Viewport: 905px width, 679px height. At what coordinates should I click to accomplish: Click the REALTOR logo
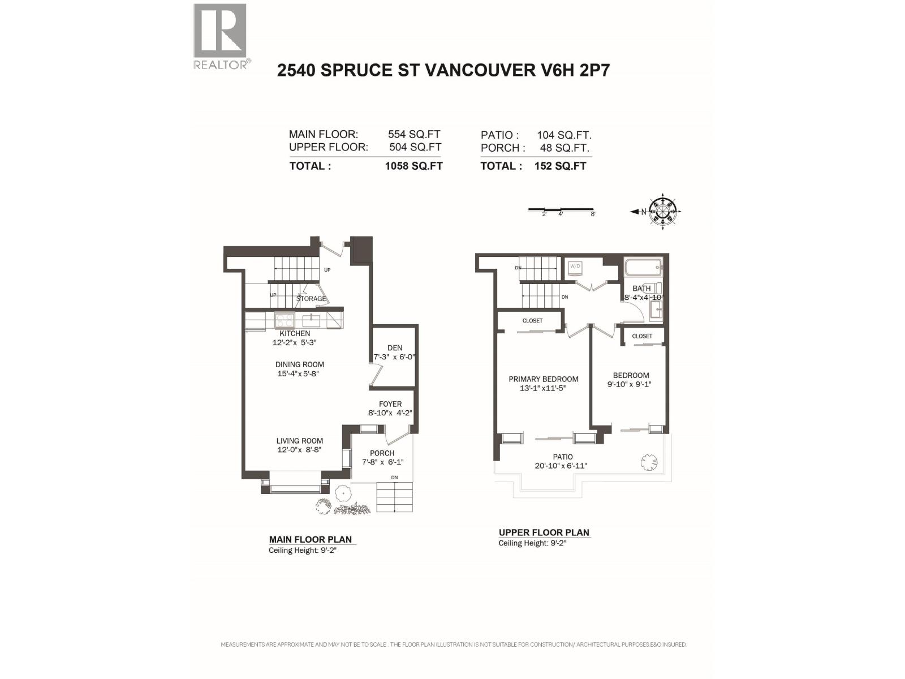pos(221,36)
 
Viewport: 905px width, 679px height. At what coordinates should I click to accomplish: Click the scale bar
pos(561,209)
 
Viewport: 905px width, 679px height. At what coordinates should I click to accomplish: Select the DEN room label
pos(395,348)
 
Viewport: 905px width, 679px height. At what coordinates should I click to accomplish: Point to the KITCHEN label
pos(295,333)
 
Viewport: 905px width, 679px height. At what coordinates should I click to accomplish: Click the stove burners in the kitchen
pos(285,320)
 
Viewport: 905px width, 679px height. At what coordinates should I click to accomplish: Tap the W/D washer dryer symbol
pos(575,267)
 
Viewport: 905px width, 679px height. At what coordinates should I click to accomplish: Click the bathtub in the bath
pos(643,267)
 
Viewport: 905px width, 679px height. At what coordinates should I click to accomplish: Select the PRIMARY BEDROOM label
pos(543,379)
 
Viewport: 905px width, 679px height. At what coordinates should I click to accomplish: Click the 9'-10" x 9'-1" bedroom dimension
pos(631,384)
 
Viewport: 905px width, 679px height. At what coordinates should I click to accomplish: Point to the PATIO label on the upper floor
pos(563,457)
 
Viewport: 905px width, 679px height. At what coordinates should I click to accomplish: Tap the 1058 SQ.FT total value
pos(413,166)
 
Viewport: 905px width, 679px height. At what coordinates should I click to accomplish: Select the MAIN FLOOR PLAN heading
pos(311,539)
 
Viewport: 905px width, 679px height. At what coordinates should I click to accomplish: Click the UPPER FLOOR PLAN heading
pos(544,532)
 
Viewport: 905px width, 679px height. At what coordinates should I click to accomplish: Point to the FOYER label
pos(390,404)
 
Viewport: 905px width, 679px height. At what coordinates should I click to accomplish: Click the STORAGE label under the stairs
pos(312,299)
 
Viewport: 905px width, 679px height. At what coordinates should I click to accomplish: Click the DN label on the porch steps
pos(394,478)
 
